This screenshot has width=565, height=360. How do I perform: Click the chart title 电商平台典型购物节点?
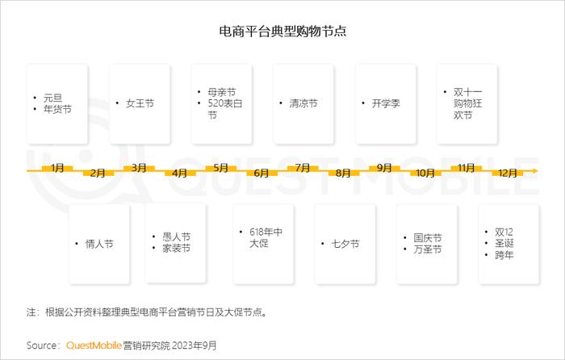point(282,31)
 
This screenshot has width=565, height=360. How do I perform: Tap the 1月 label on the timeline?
point(57,168)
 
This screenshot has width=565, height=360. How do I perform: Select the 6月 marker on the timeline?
point(262,174)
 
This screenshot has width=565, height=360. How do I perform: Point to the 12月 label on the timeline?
point(508,174)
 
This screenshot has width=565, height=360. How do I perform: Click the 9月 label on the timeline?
point(384,168)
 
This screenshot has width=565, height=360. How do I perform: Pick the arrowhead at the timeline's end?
point(534,171)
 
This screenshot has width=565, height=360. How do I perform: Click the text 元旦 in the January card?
point(53,98)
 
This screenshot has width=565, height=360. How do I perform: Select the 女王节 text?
point(140,104)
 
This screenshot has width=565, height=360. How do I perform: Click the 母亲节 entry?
point(222,92)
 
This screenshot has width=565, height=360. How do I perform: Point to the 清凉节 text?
point(303,104)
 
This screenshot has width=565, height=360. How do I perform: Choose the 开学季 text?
point(386,104)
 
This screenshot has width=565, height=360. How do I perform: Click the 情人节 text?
point(99,244)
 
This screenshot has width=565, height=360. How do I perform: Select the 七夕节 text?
point(345,244)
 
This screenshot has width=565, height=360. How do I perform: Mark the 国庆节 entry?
point(427,238)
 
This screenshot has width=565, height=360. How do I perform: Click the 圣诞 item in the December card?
point(504,243)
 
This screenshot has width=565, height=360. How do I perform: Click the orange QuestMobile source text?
point(94,345)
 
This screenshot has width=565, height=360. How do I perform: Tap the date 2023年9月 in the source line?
point(194,345)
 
